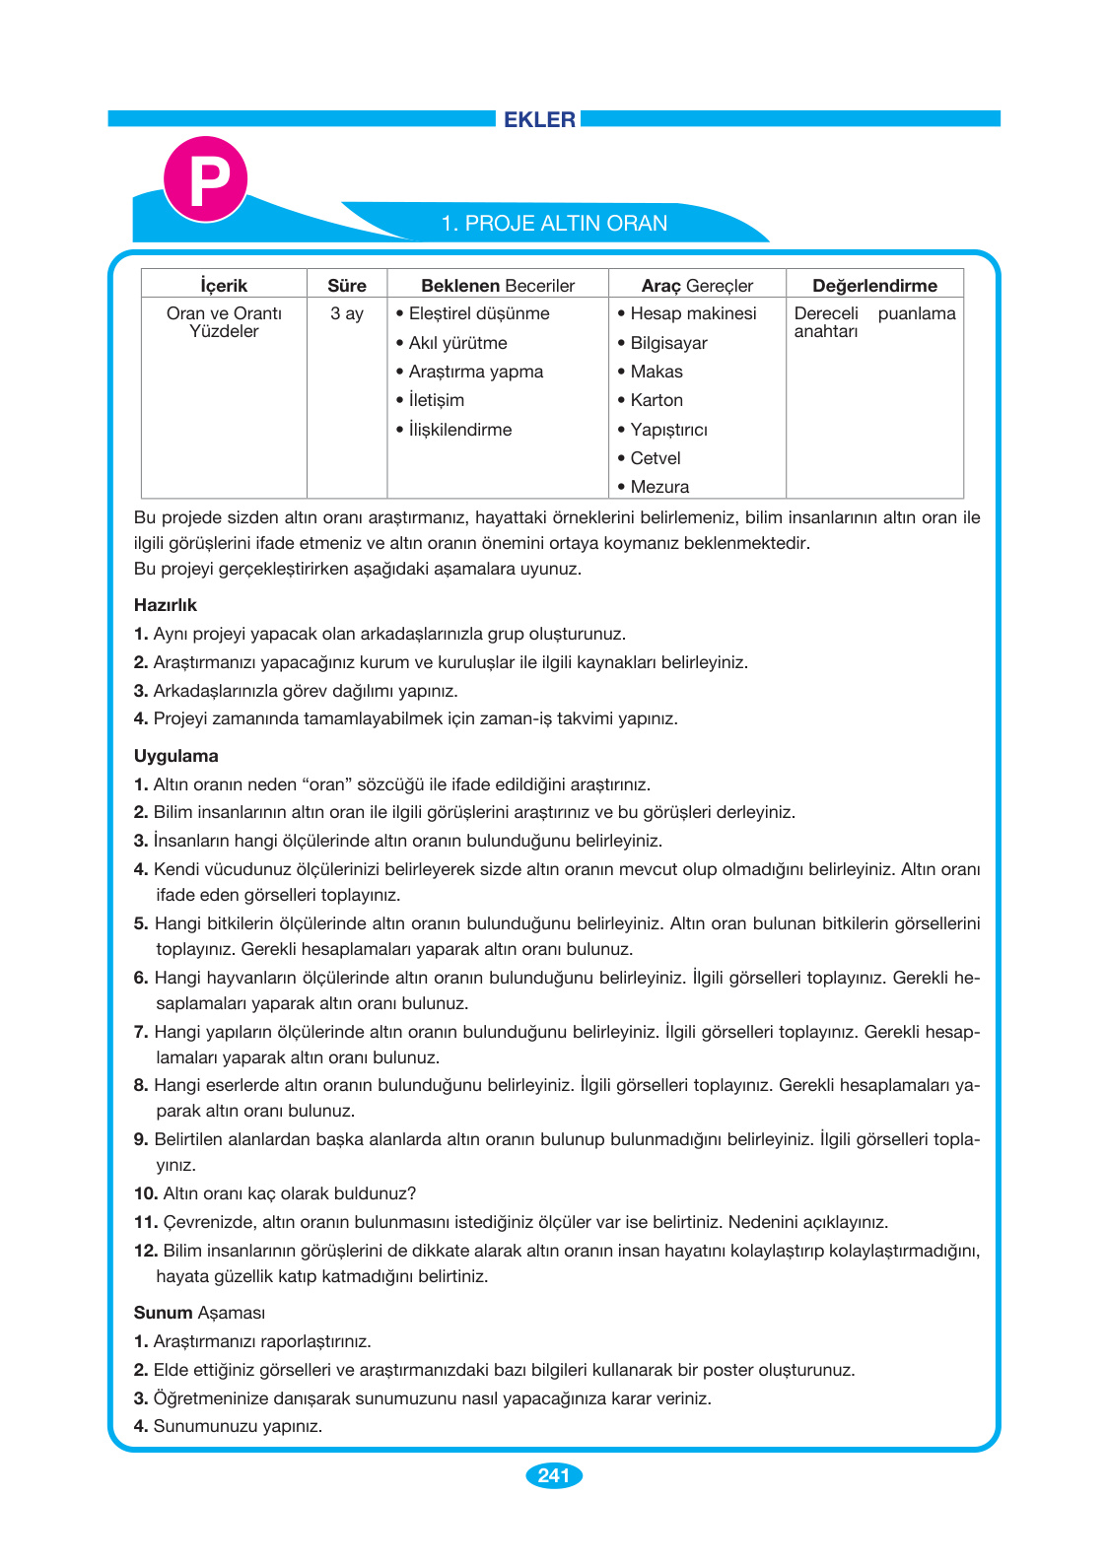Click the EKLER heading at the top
point(539,119)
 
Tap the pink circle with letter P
point(205,179)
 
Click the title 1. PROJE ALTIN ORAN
point(554,224)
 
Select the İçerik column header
point(224,286)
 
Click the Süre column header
point(347,286)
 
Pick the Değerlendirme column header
point(874,286)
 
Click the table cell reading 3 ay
point(347,313)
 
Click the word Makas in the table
point(657,372)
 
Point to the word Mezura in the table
point(659,487)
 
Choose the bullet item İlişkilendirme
point(460,430)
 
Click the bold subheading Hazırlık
point(166,605)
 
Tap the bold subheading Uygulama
point(176,756)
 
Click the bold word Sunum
point(164,1313)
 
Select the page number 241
point(554,1475)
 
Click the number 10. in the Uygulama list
point(146,1193)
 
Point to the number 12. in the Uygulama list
point(146,1251)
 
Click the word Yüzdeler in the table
point(224,332)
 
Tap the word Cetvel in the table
point(656,458)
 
